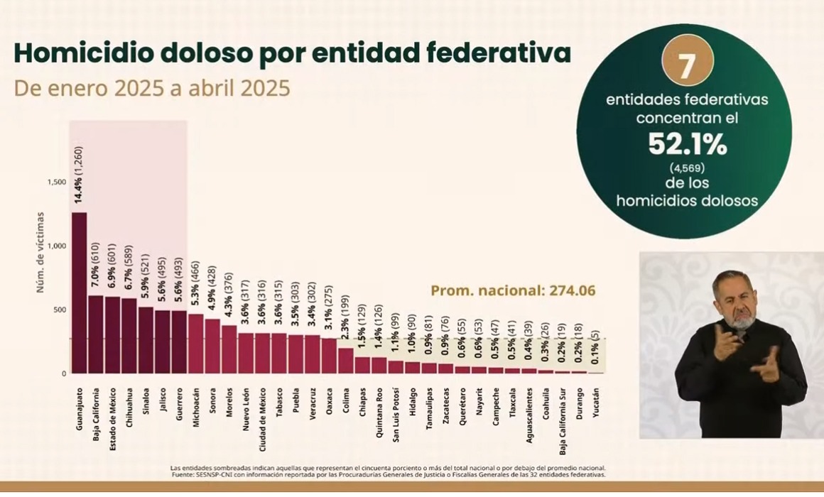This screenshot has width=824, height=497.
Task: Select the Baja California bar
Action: click(95, 334)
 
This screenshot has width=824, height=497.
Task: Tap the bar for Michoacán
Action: click(195, 344)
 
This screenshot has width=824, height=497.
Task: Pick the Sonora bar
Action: click(212, 346)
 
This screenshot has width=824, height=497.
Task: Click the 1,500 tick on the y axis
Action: click(57, 182)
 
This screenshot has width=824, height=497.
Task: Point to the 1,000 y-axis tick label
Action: click(57, 246)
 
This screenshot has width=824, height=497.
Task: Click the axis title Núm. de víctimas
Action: click(40, 252)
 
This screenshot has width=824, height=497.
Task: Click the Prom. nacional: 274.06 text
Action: click(512, 290)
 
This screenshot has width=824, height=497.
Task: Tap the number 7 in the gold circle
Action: click(685, 66)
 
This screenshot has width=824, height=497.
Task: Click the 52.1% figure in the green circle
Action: click(686, 145)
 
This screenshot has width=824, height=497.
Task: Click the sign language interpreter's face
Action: click(736, 302)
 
